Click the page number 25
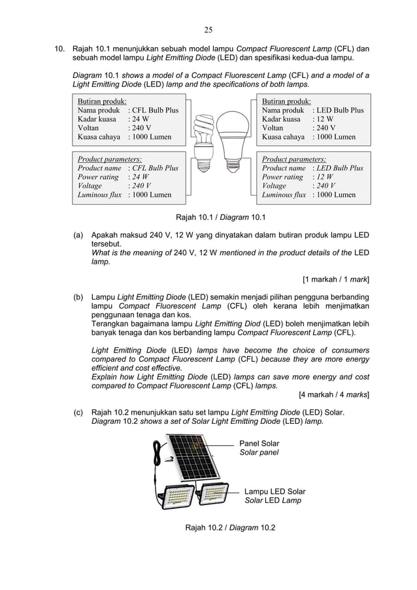click(x=208, y=29)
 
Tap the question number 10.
click(x=59, y=48)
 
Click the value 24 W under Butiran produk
click(x=139, y=120)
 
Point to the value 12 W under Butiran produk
click(x=324, y=120)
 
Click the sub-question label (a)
click(x=78, y=234)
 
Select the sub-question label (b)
click(x=78, y=297)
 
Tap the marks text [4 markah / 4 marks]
click(x=333, y=394)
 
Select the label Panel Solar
click(x=259, y=443)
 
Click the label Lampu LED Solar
click(x=274, y=491)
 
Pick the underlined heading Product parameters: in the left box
click(x=110, y=159)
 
